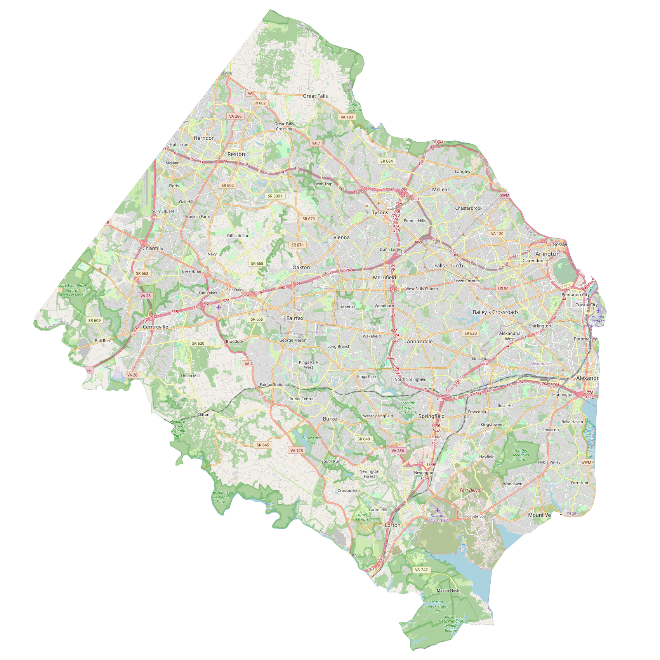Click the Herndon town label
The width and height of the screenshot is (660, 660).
coord(204,138)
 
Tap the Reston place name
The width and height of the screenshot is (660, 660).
coord(236,154)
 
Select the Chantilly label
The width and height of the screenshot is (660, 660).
coord(153,248)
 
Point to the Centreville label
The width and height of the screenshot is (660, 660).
coord(155,327)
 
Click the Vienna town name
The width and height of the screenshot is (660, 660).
coord(341,237)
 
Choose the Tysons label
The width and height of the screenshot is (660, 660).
coord(380,213)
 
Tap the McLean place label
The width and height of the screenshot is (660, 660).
coord(441,189)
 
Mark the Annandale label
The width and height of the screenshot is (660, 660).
coord(419,342)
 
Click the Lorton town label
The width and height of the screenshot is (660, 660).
coord(392,525)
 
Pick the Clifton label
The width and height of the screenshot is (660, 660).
coord(203,414)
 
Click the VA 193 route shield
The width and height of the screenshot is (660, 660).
coord(347,117)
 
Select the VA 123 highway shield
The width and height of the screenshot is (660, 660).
coord(297,451)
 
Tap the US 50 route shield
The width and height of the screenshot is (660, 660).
coord(503,288)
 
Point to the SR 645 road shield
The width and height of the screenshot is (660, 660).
coord(263,445)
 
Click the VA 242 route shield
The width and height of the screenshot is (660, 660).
coord(421,570)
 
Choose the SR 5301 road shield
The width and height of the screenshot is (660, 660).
coord(275,196)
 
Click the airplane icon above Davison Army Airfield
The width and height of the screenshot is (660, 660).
coord(438,510)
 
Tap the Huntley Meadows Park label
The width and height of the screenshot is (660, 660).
coord(521,455)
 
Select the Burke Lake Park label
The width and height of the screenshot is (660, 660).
coord(311,440)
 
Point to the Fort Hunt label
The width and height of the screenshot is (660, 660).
coord(579,483)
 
